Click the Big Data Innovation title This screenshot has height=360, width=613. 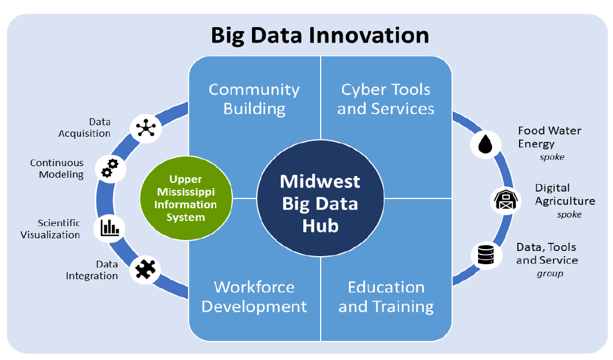click(320, 35)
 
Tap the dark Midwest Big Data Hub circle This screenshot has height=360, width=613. click(320, 198)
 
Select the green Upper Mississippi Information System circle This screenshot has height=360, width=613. click(186, 198)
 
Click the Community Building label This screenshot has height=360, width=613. click(254, 99)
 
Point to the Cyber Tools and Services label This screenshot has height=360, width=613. click(385, 99)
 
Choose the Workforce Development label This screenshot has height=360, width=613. click(254, 297)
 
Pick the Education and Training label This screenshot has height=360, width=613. click(386, 297)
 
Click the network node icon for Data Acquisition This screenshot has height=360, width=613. click(146, 128)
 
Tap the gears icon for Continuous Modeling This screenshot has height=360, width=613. click(110, 168)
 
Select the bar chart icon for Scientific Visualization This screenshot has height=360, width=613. click(110, 228)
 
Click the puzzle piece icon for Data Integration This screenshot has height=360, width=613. click(145, 269)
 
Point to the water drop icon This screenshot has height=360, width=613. click(486, 144)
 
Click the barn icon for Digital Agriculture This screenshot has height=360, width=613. click(506, 200)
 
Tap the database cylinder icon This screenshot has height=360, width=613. click(486, 255)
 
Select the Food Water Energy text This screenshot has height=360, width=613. click(549, 137)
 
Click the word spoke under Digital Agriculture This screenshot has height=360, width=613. click(569, 215)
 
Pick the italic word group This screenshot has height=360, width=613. click(550, 273)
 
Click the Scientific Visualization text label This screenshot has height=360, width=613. click(50, 229)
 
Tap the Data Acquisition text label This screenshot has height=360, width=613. click(84, 127)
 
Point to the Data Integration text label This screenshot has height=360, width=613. click(92, 270)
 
